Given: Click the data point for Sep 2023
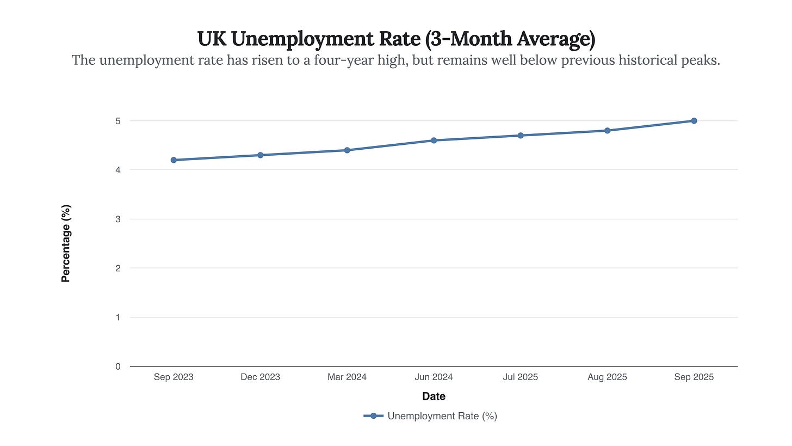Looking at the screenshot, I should click(174, 160).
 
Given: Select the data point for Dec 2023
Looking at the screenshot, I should click(261, 155).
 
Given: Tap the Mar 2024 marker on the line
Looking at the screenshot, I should click(347, 150).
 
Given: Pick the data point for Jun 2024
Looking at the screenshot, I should click(434, 140).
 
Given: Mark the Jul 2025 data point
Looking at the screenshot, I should click(521, 136).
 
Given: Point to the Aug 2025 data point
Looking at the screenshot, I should click(608, 131).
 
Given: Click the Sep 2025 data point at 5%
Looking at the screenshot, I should click(694, 121).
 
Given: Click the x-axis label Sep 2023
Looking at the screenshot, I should click(174, 377).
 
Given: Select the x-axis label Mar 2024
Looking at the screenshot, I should click(347, 377).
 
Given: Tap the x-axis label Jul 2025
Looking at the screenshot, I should click(521, 377).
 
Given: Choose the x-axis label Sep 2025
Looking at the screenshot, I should click(694, 377).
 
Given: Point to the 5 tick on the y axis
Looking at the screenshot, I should click(118, 121).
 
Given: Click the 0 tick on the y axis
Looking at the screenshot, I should click(118, 366).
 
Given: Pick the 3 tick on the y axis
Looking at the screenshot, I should click(118, 219).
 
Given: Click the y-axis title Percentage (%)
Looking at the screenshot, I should click(66, 243).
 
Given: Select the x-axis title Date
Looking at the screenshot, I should click(434, 396).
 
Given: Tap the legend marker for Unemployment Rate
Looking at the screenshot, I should click(374, 416).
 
